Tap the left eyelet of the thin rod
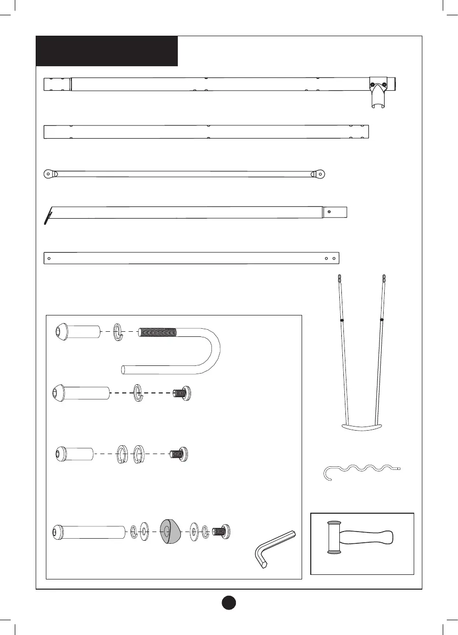[48, 173]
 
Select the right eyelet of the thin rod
[321, 173]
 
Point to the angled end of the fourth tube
[49, 215]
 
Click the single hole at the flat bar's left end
[49, 258]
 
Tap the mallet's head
[333, 537]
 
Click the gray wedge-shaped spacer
[170, 531]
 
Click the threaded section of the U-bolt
[158, 332]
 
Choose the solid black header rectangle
[106, 51]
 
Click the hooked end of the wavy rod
[328, 473]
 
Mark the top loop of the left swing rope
[339, 279]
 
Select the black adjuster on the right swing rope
[382, 320]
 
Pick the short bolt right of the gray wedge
[221, 531]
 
